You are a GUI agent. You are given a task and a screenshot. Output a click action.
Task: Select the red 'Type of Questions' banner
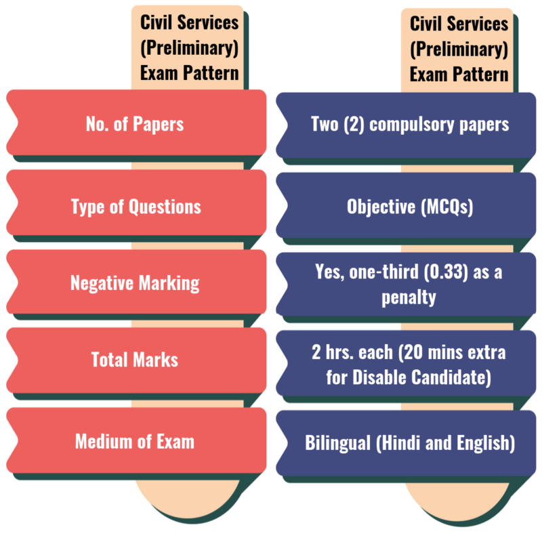135,206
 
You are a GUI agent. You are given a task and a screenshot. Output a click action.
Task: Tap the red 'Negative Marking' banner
135,283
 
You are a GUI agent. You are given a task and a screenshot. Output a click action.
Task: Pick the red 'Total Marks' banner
135,359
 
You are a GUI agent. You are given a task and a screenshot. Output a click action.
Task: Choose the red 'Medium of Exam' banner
135,442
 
